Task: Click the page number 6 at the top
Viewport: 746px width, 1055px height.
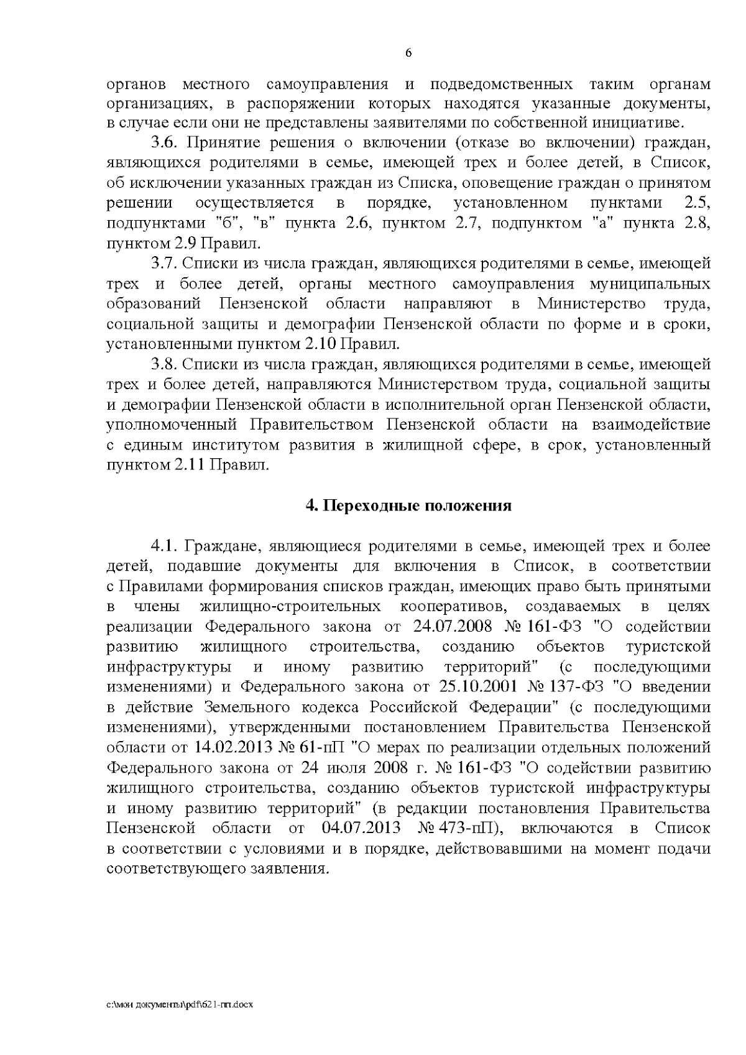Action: (408, 53)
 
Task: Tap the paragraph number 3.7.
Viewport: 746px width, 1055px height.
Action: (165, 264)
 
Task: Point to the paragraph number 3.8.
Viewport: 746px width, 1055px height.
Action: (165, 364)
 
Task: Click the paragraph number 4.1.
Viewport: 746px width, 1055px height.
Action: (165, 546)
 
